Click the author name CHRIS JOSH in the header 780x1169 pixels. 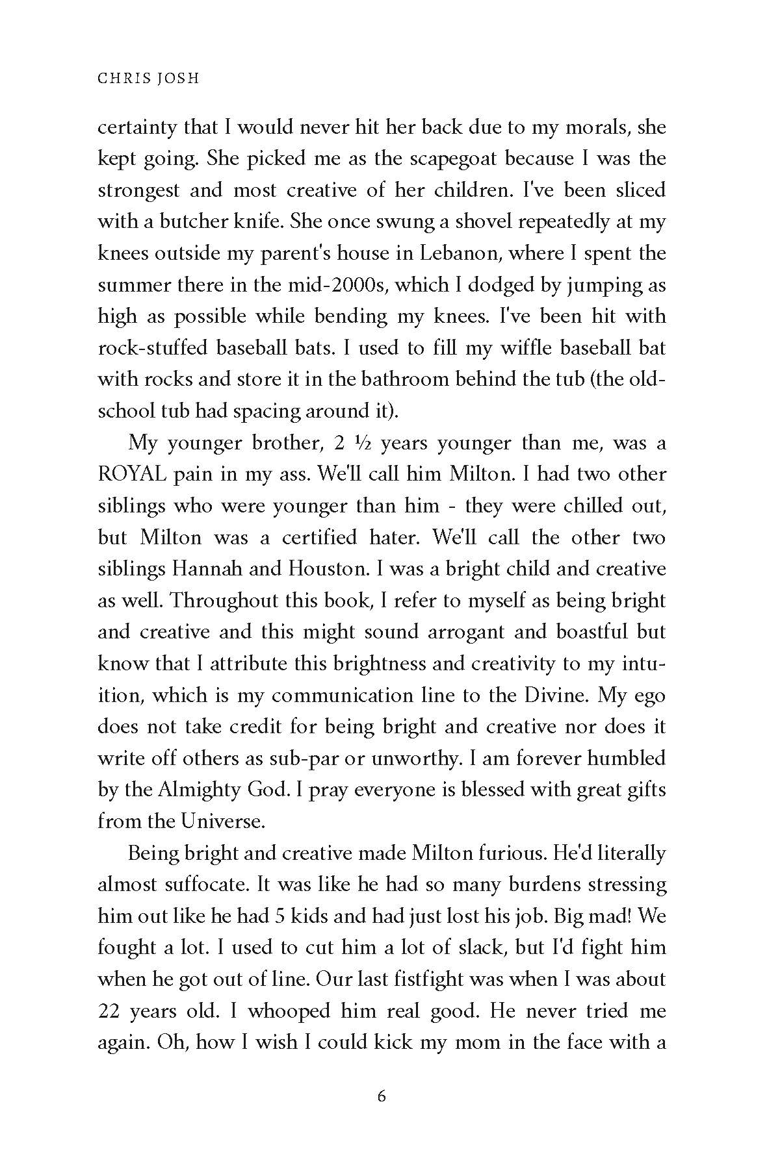click(148, 78)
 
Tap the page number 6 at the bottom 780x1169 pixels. click(382, 1096)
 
